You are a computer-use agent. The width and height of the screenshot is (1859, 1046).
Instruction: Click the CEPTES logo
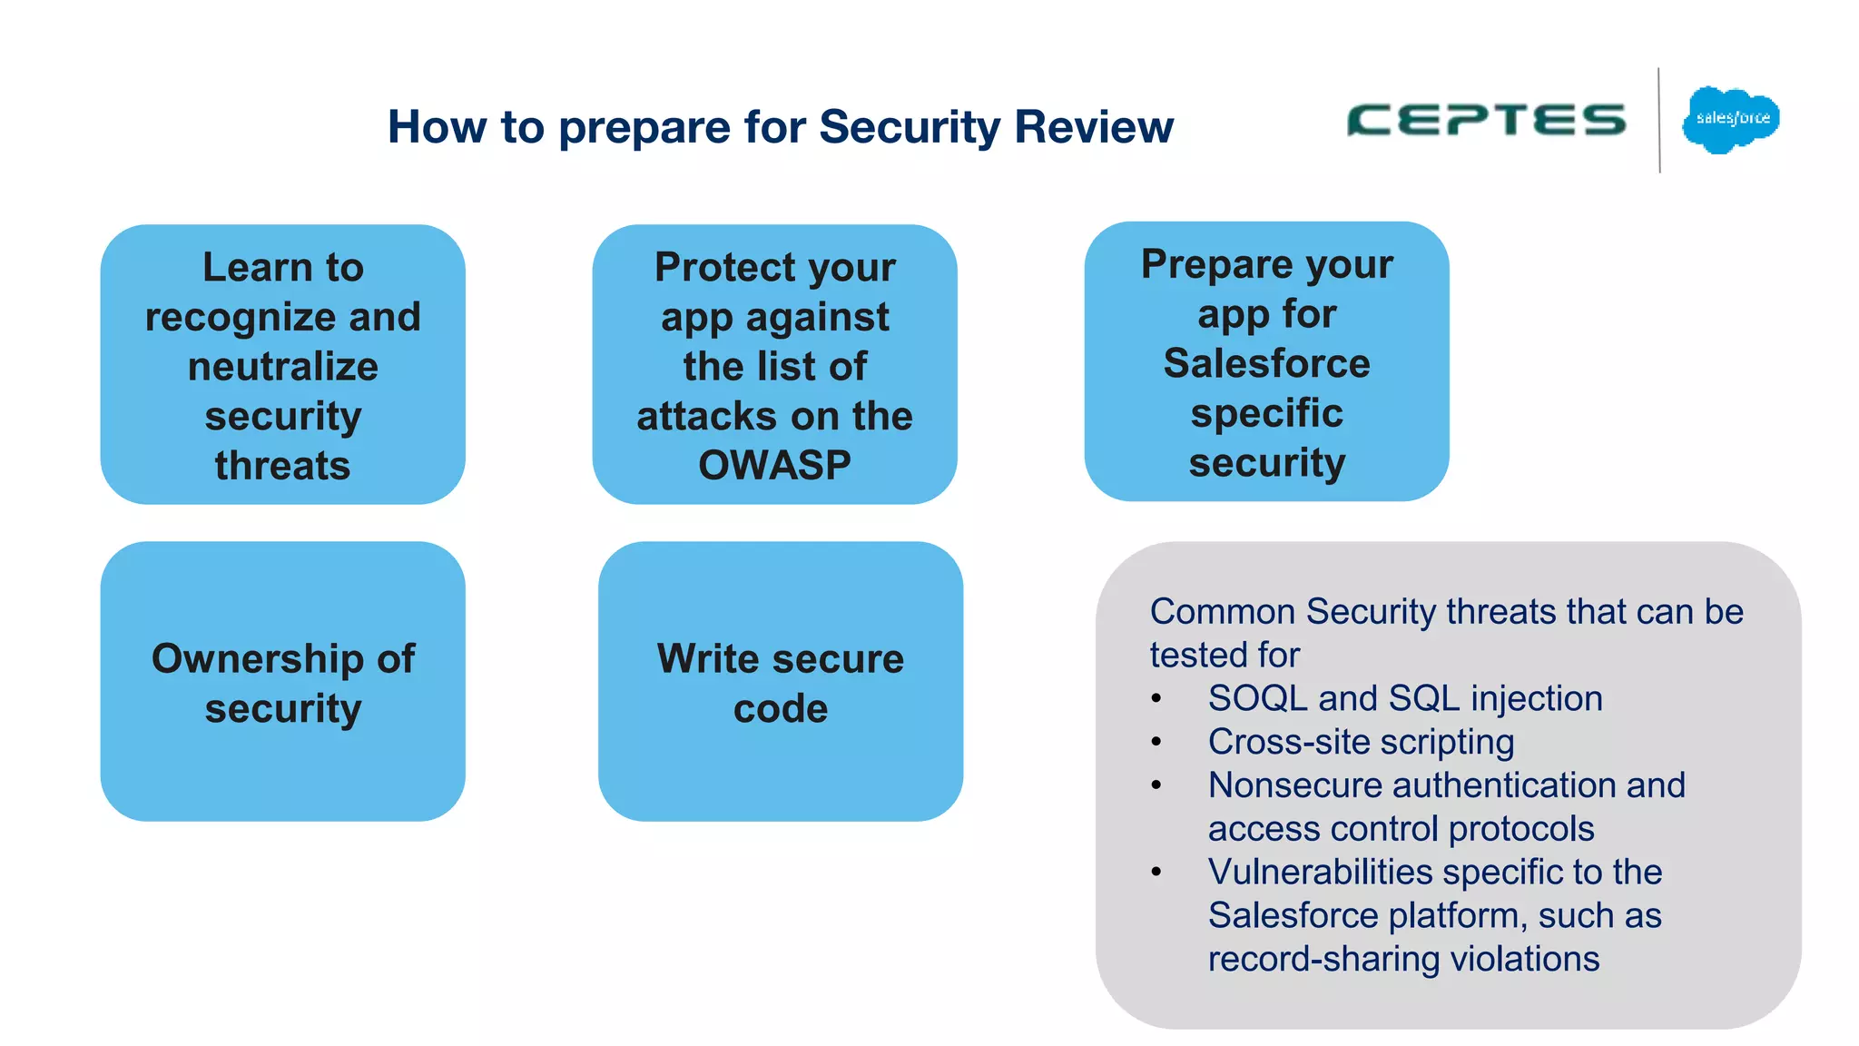point(1487,120)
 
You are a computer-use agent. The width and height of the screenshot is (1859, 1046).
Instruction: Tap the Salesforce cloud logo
point(1731,120)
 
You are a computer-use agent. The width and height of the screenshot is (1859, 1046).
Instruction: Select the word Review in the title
point(1094,127)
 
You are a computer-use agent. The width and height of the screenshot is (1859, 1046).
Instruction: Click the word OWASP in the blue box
point(774,466)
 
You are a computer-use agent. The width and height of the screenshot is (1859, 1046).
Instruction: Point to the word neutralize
point(282,367)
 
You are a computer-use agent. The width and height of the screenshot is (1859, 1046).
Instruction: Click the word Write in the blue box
point(708,659)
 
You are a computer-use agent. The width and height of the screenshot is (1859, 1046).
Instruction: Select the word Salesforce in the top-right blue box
point(1266,364)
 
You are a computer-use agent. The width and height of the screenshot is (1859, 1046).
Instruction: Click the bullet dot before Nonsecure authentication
point(1156,785)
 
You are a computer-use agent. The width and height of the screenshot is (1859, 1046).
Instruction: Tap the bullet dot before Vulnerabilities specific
point(1156,873)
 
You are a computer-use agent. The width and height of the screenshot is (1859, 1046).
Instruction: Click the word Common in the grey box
point(1222,612)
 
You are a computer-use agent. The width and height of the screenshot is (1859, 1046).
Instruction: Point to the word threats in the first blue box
point(282,466)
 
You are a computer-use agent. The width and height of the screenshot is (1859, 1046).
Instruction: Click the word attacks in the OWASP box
point(704,417)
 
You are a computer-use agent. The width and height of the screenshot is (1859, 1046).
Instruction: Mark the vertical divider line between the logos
point(1659,120)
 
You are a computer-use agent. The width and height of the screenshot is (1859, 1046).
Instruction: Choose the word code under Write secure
point(781,709)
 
